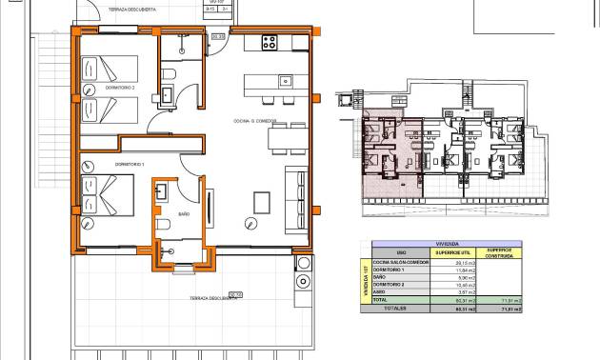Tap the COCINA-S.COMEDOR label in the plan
(255, 121)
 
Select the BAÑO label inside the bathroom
(185, 215)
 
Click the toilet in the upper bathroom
(169, 74)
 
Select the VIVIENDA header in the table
(446, 243)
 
